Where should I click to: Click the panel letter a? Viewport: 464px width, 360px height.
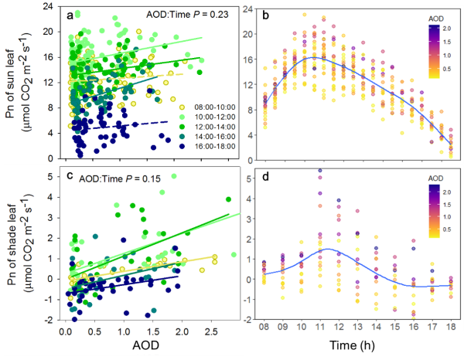(x=70, y=15)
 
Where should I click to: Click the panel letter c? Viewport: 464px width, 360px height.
(x=70, y=176)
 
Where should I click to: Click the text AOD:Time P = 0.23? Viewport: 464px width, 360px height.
(x=185, y=14)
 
